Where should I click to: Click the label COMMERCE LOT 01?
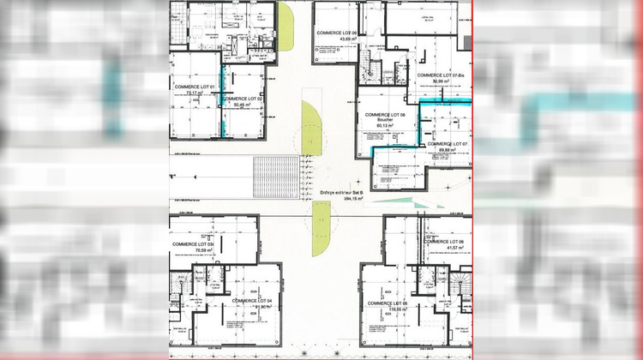pyautogui.click(x=194, y=87)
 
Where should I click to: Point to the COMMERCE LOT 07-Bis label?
pyautogui.click(x=440, y=75)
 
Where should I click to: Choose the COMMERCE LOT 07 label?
pyautogui.click(x=446, y=143)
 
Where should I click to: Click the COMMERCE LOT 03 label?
pyautogui.click(x=192, y=244)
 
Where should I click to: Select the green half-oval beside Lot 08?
pyautogui.click(x=311, y=129)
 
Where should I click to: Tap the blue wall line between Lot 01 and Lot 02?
pyautogui.click(x=224, y=101)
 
